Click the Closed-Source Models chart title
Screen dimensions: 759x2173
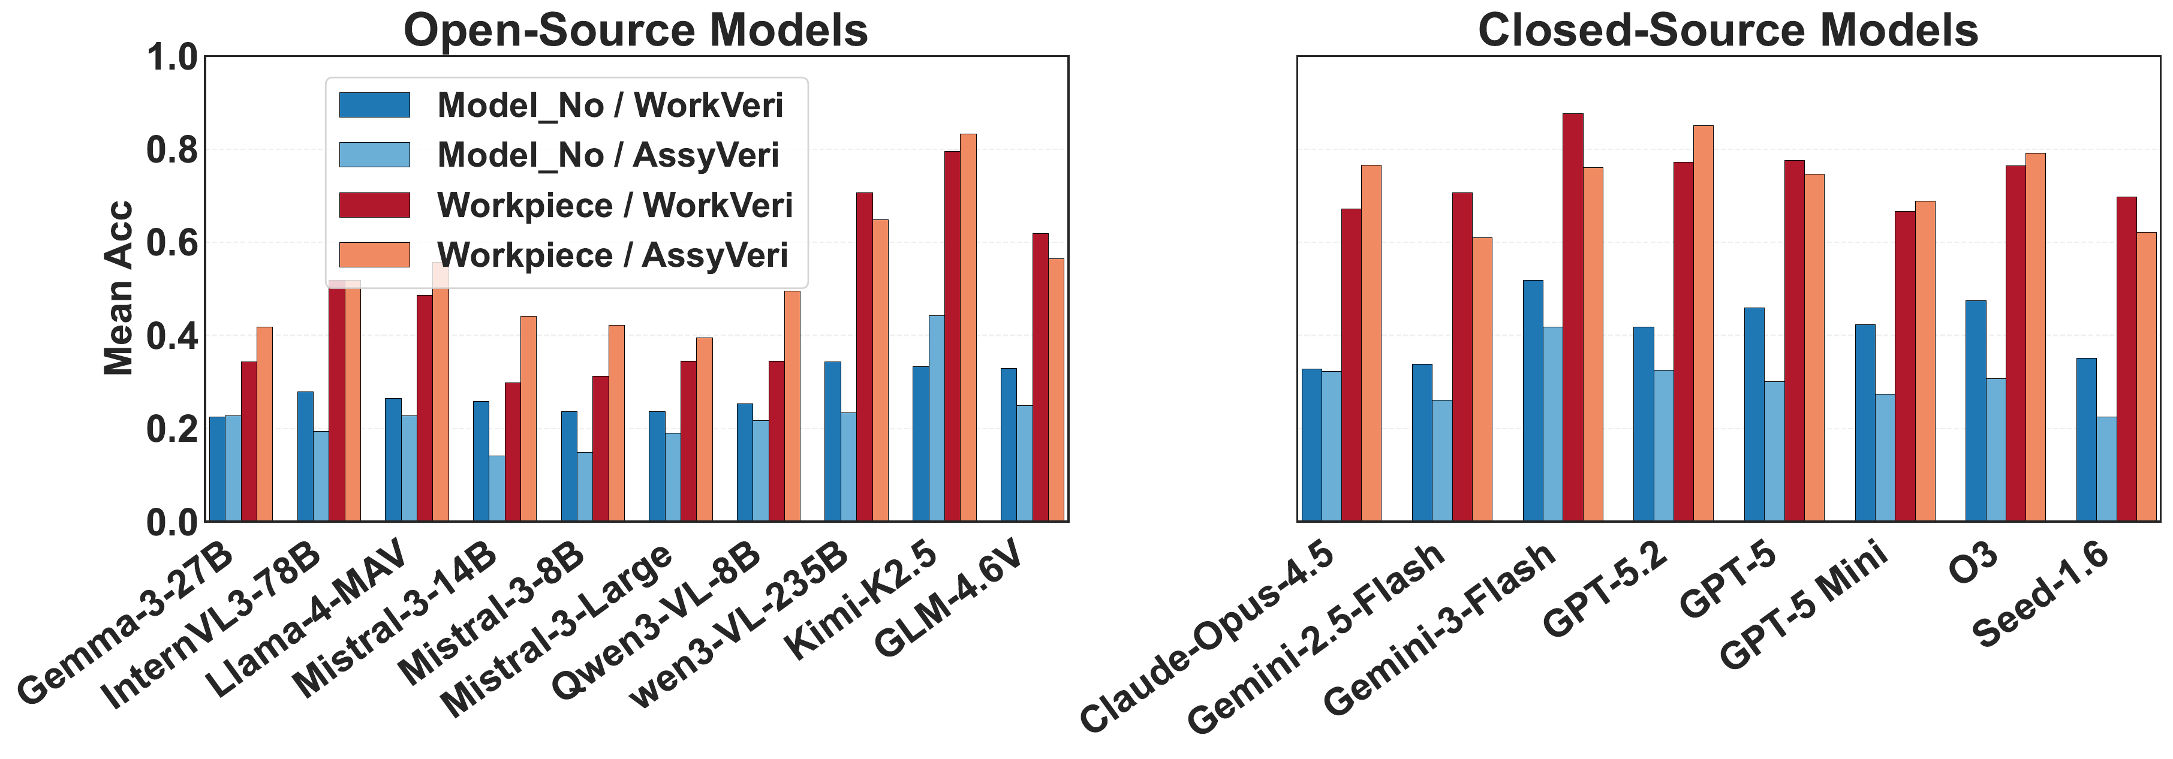(x=1727, y=31)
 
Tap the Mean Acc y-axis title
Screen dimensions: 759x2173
(x=119, y=288)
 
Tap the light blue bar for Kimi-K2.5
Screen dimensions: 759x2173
(x=937, y=418)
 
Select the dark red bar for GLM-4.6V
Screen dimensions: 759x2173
(x=1040, y=377)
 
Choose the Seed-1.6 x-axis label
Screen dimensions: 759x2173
(x=2042, y=595)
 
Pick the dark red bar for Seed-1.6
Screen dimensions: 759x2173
(x=2127, y=359)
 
